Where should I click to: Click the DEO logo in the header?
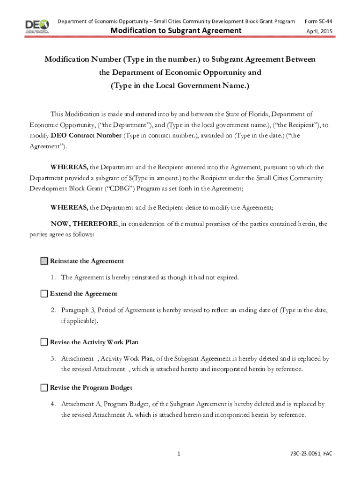pos(37,26)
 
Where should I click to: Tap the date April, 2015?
pos(319,31)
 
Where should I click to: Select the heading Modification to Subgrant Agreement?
pos(176,31)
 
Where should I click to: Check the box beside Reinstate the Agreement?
pos(44,261)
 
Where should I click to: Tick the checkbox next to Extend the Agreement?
pos(44,294)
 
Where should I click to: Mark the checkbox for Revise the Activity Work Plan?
pos(44,342)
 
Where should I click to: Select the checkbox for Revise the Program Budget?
pos(44,388)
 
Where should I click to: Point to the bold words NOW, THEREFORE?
pos(85,224)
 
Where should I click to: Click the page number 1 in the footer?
pos(179,454)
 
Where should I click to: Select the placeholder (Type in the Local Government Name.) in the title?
pos(180,86)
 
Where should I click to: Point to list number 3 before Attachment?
pos(54,359)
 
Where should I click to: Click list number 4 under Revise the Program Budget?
pos(54,404)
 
